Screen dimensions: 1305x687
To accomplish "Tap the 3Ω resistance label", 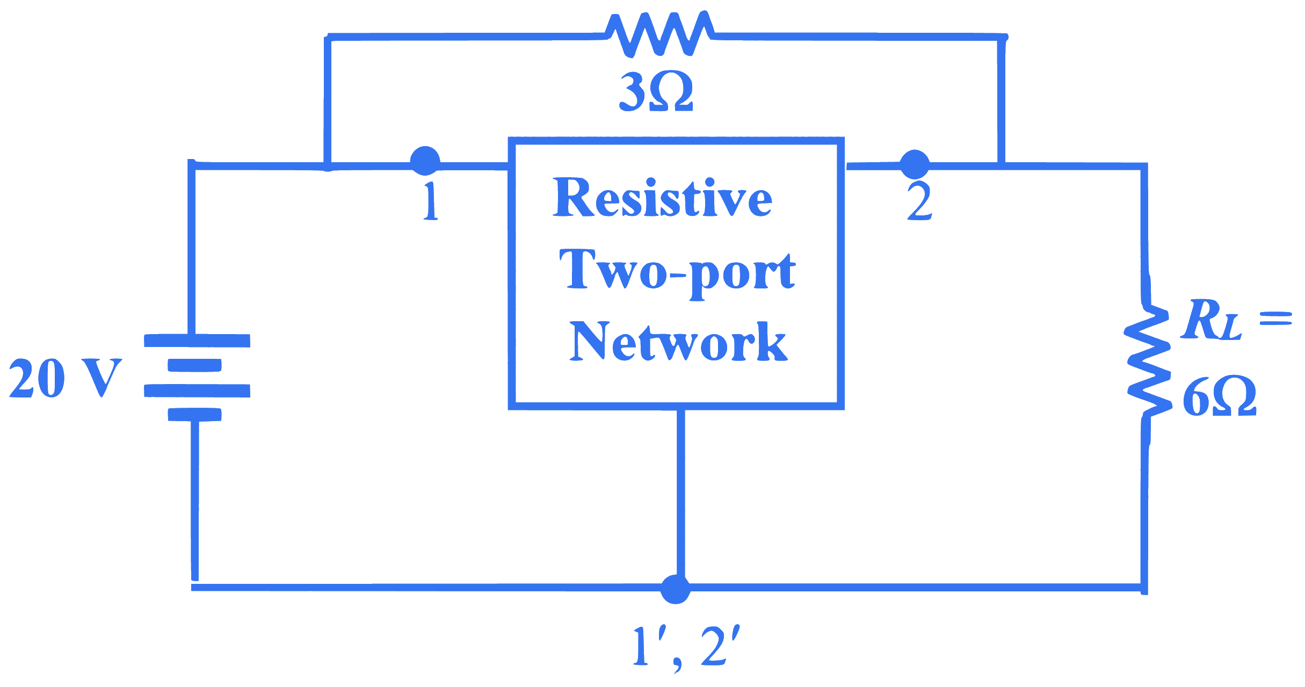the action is pos(656,92).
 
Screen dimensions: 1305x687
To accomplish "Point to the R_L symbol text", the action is pos(1210,320).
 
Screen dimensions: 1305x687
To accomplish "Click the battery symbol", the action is pos(197,377).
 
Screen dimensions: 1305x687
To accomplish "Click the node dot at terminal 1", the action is pos(425,161).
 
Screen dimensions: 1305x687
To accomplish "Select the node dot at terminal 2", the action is pos(914,164).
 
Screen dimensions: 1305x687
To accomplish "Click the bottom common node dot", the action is pos(675,589).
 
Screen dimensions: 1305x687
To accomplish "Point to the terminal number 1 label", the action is pos(430,201).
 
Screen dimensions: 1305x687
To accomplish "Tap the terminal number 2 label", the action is pos(919,203).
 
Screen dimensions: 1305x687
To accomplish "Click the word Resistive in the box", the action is pos(663,197).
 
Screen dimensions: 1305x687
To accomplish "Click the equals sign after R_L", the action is pos(1275,318).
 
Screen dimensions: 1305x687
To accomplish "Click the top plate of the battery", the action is pos(197,341).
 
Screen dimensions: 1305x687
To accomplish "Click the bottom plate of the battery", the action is pos(194,415).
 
